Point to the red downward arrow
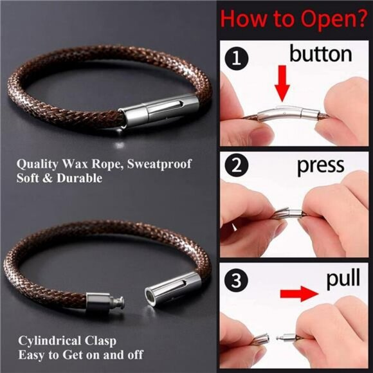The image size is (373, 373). click(x=282, y=82)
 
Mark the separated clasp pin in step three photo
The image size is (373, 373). click(x=281, y=338)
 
